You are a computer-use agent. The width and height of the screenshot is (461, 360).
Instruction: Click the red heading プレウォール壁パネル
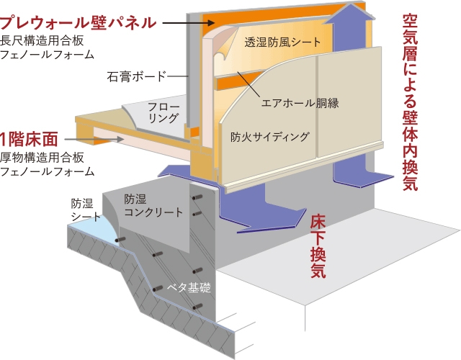tap(78, 22)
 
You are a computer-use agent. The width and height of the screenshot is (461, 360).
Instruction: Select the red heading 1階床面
tap(29, 139)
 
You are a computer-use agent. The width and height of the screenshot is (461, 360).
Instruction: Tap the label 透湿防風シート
tap(282, 42)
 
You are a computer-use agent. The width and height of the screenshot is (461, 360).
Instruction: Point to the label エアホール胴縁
tap(300, 102)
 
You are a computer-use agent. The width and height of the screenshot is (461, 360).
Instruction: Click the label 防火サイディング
tap(270, 137)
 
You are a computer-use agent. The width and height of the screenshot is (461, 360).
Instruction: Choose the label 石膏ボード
tap(136, 76)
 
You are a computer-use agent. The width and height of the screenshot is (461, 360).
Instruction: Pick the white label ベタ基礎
tap(189, 287)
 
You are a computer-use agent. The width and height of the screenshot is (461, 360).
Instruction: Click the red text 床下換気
tap(318, 246)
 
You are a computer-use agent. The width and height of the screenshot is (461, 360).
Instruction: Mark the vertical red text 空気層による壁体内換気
tap(410, 102)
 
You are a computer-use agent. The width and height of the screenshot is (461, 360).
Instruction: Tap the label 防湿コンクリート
tap(153, 205)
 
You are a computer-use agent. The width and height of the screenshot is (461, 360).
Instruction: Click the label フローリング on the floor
tap(164, 112)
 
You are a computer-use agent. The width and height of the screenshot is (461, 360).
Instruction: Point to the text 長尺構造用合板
tap(42, 40)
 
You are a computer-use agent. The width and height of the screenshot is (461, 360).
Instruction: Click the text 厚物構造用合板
tap(42, 158)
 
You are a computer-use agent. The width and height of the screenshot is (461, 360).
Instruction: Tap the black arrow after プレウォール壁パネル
tap(189, 22)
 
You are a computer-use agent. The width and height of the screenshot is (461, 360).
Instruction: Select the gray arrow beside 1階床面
tap(94, 139)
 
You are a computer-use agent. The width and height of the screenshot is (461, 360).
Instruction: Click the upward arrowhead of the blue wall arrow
tap(349, 12)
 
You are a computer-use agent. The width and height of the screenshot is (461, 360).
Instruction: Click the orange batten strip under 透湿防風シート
tap(238, 80)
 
